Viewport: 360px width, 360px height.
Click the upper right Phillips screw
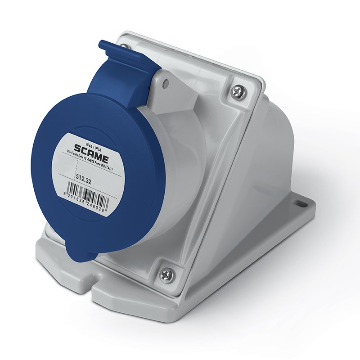click(x=237, y=92)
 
